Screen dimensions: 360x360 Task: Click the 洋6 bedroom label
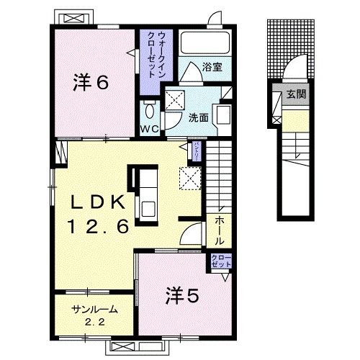[x=91, y=83]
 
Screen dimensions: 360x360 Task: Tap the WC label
[x=149, y=130]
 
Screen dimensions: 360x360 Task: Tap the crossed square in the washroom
[x=174, y=102]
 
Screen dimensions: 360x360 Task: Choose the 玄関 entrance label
[x=296, y=93]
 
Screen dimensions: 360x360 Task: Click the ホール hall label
[x=219, y=230]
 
